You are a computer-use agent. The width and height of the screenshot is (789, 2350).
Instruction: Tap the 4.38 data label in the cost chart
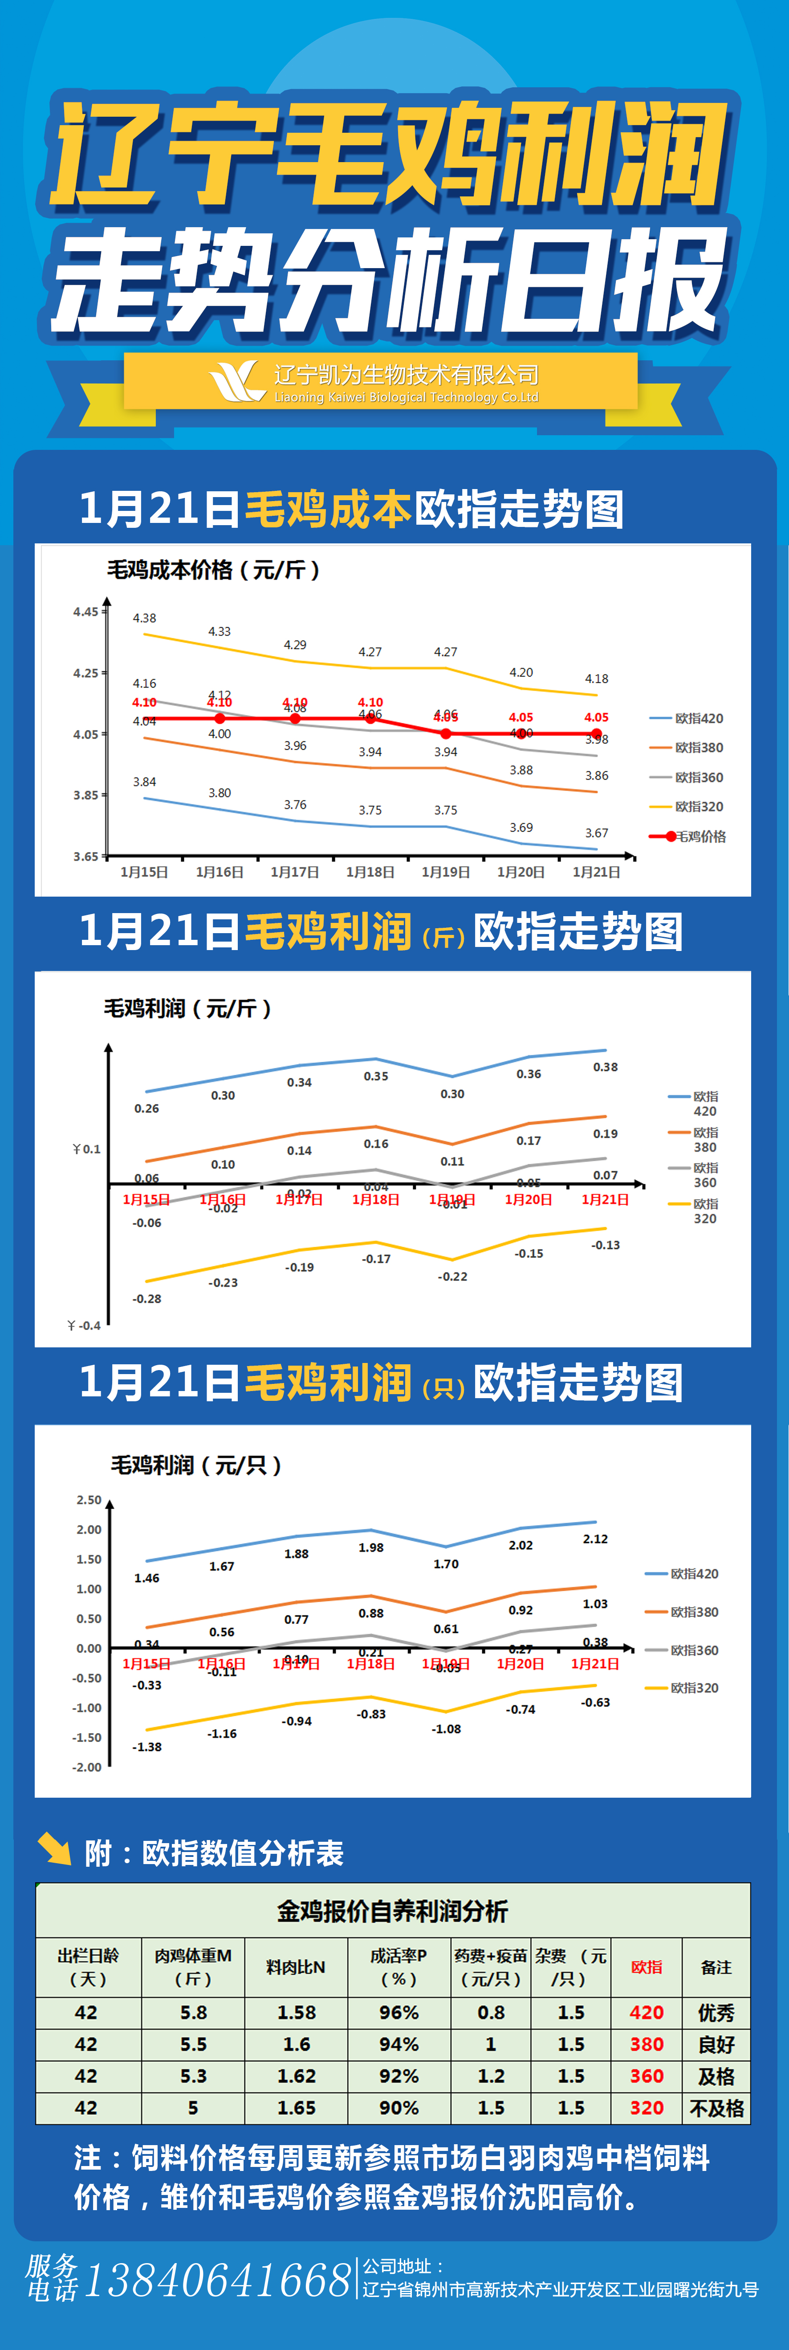144,618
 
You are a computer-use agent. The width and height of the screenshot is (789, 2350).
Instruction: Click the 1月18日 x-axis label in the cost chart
370,872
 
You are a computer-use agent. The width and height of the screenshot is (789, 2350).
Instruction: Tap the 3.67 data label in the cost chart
597,833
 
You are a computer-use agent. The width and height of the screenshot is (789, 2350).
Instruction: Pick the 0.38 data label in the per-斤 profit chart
606,1066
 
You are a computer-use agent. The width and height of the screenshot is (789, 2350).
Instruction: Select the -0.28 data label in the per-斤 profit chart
147,1298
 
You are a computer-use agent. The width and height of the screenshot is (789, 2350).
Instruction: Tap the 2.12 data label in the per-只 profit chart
596,1539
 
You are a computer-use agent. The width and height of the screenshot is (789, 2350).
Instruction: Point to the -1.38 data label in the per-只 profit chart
147,1747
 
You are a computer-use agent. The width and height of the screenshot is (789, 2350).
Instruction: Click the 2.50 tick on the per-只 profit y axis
89,1500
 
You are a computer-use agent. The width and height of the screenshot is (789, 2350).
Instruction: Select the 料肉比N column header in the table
296,1967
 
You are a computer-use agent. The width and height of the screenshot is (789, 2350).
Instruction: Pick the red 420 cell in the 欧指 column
647,2012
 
